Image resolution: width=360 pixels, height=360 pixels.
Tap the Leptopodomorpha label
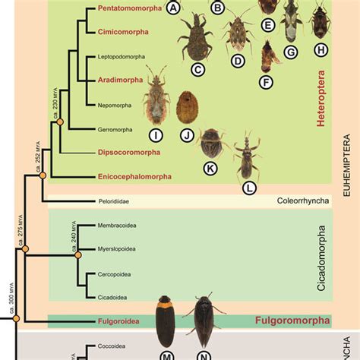pyautogui.click(x=124, y=57)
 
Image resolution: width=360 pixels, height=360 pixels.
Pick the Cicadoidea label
pyautogui.click(x=115, y=296)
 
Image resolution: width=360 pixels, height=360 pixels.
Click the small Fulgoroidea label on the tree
pyautogui.click(x=118, y=321)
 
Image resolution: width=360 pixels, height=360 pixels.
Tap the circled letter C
pyautogui.click(x=199, y=71)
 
